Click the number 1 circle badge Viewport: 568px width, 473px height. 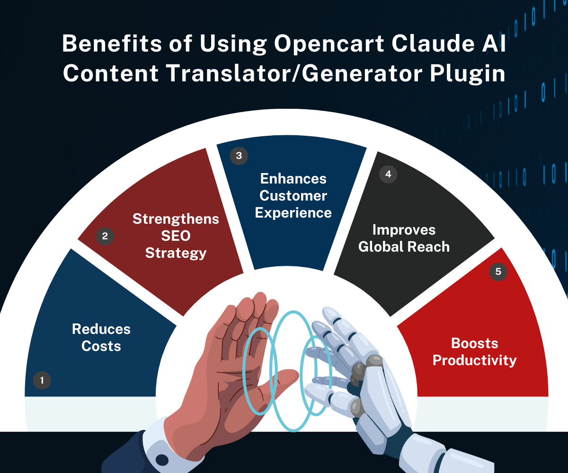pyautogui.click(x=42, y=380)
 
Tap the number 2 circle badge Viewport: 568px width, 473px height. pyautogui.click(x=105, y=236)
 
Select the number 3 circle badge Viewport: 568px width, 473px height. pyautogui.click(x=239, y=156)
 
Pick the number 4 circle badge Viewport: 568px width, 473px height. pyautogui.click(x=388, y=174)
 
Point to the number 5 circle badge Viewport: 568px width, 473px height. pyautogui.click(x=498, y=272)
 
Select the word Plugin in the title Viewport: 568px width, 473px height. pyautogui.click(x=468, y=74)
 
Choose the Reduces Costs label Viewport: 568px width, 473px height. pyautogui.click(x=101, y=337)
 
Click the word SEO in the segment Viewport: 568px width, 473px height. pyautogui.click(x=176, y=236)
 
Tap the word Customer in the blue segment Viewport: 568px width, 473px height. pyautogui.click(x=293, y=196)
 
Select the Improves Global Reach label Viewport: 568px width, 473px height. pyautogui.click(x=404, y=238)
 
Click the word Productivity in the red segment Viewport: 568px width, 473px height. pyautogui.click(x=475, y=360)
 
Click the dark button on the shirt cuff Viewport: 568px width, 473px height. pyautogui.click(x=162, y=460)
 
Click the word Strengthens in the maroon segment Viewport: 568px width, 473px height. pyautogui.click(x=176, y=219)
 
